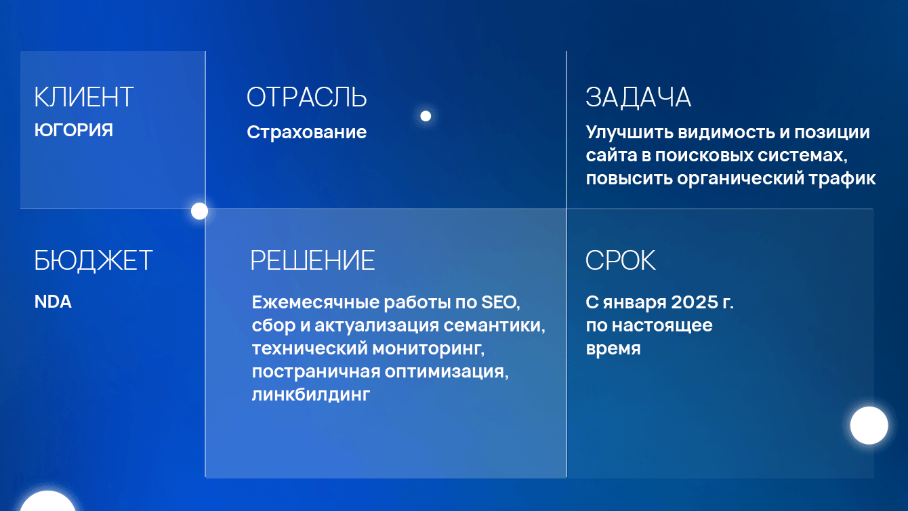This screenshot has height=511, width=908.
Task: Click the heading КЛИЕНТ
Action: pyautogui.click(x=84, y=98)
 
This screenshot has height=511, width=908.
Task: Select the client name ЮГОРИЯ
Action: pyautogui.click(x=73, y=131)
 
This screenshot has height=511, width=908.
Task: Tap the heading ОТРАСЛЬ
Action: pyautogui.click(x=306, y=98)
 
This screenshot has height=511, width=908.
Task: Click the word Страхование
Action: pyautogui.click(x=306, y=132)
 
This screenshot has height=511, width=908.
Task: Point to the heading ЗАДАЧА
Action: pyautogui.click(x=638, y=98)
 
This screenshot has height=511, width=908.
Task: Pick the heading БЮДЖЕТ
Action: pyautogui.click(x=94, y=261)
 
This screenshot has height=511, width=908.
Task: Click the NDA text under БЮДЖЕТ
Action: pyautogui.click(x=53, y=302)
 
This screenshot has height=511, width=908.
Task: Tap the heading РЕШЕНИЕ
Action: pyautogui.click(x=312, y=261)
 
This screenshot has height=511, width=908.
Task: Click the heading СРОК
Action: pyautogui.click(x=620, y=261)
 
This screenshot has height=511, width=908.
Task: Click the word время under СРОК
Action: pyautogui.click(x=613, y=349)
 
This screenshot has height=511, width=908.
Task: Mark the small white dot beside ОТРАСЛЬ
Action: pyautogui.click(x=426, y=116)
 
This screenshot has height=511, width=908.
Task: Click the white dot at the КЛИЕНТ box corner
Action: pyautogui.click(x=199, y=211)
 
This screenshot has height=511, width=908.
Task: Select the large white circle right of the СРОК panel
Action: pyautogui.click(x=869, y=426)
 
